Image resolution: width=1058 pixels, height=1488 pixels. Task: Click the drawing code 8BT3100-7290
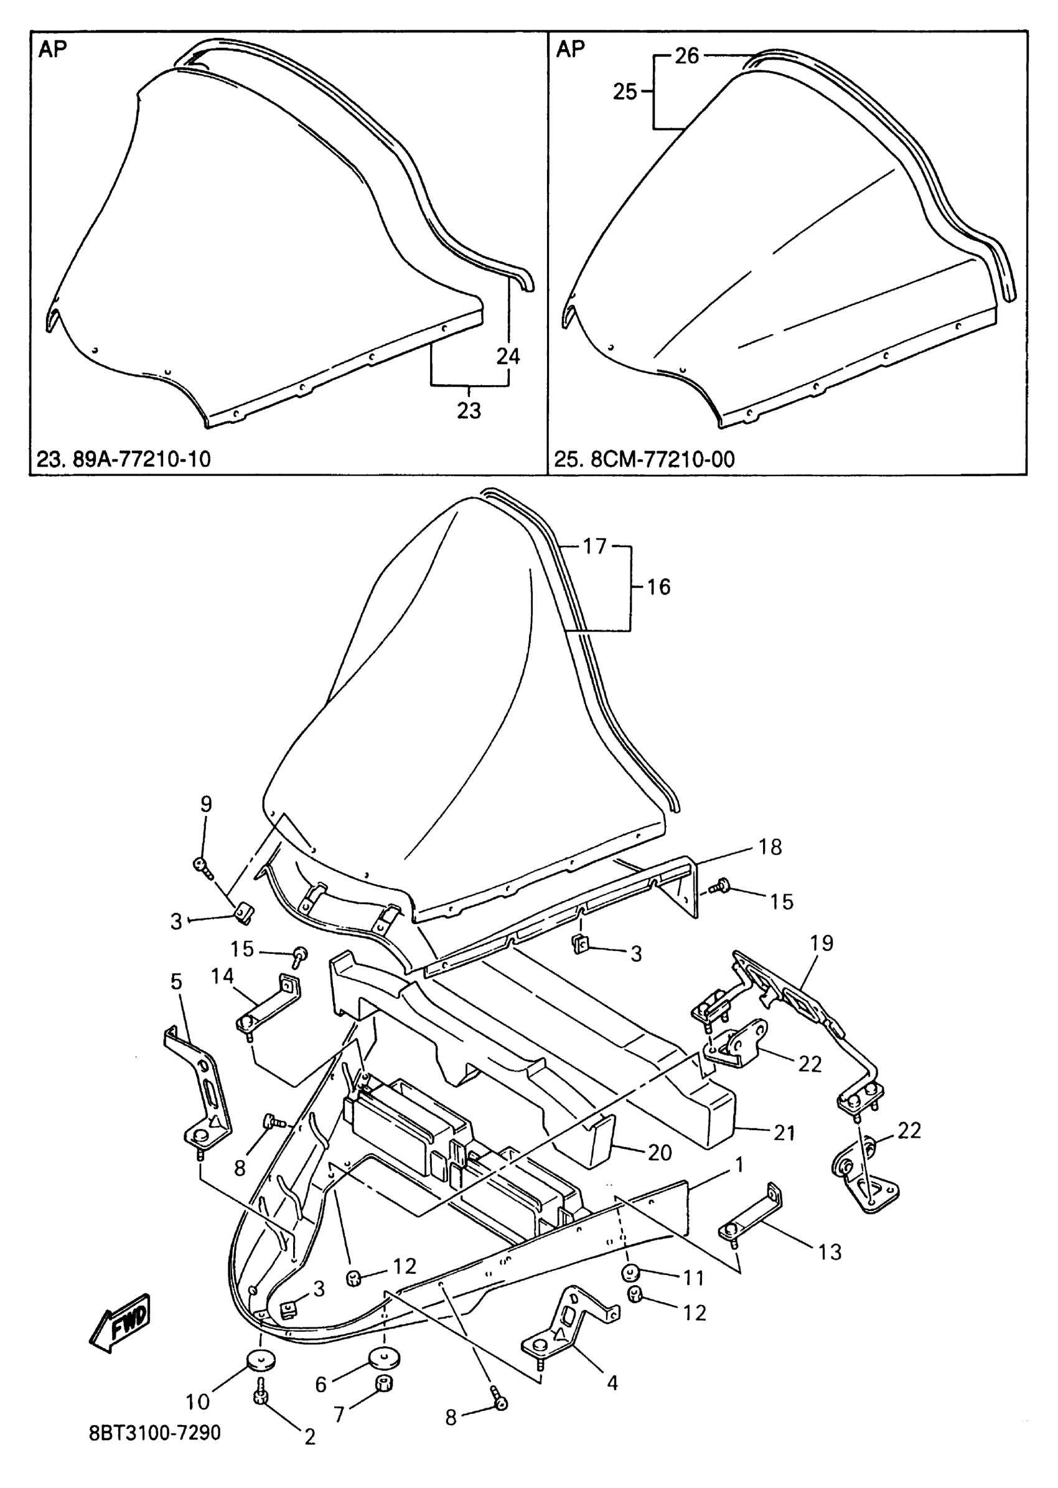[155, 1433]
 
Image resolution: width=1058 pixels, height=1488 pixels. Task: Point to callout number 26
[686, 56]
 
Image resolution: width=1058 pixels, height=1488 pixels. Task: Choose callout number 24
[508, 357]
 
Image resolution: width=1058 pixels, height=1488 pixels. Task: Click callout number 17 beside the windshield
[594, 546]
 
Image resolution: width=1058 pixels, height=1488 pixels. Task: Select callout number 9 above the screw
[206, 804]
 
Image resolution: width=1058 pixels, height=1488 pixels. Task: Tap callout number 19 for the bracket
[822, 943]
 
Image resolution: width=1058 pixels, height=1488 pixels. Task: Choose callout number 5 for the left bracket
[177, 981]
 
